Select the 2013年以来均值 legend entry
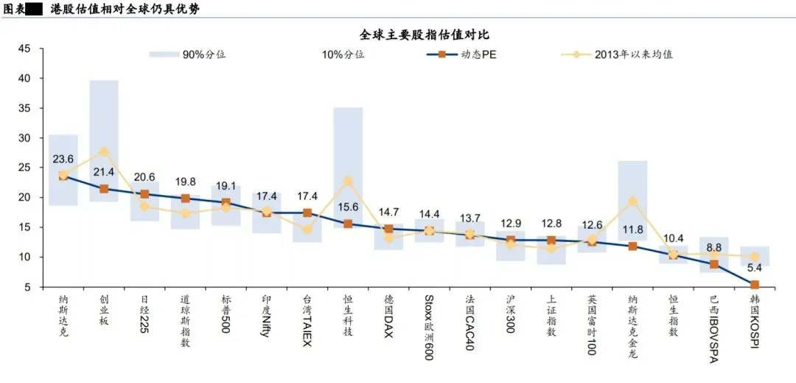pos(617,55)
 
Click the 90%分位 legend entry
pos(188,55)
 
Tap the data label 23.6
pos(63,159)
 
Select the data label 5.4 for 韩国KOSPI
pos(755,268)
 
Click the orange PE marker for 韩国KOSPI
pos(755,285)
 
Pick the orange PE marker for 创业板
pos(104,189)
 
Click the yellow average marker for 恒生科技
pos(348,181)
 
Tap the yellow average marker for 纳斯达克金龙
pos(632,201)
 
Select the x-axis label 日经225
pos(144,314)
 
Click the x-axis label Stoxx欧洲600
pos(429,328)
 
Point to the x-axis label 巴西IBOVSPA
pos(713,329)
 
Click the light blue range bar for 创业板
pos(104,141)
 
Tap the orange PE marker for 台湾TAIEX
pos(307,213)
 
